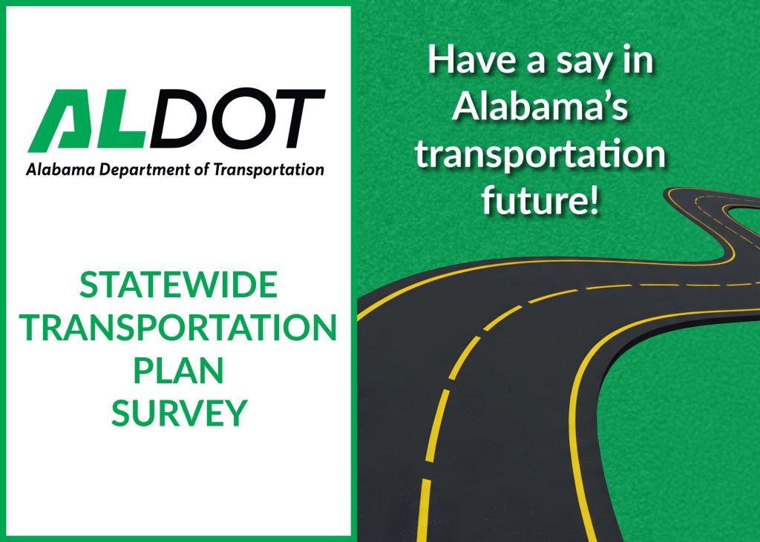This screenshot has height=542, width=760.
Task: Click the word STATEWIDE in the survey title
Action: [x=178, y=285]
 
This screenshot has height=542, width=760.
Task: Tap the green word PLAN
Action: [x=178, y=371]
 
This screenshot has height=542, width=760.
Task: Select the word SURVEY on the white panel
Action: [x=178, y=413]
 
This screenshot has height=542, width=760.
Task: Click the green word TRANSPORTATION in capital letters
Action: [x=178, y=328]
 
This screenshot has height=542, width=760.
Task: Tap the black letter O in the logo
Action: [x=233, y=121]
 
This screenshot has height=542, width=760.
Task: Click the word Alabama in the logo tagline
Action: [x=54, y=170]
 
